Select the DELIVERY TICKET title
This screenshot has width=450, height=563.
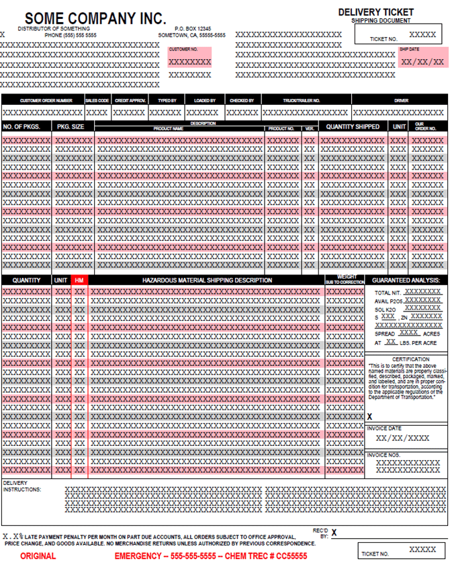[x=375, y=12]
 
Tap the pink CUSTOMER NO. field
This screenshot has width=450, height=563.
[x=190, y=57]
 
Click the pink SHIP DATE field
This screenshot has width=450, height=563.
[x=422, y=58]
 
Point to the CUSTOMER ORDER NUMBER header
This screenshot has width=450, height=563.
[x=42, y=100]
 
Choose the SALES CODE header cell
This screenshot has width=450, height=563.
[x=97, y=100]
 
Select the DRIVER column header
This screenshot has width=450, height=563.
[x=401, y=100]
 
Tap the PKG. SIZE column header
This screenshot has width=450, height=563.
[x=71, y=126]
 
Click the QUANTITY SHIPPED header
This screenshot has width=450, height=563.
[x=353, y=126]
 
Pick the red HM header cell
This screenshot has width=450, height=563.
[x=79, y=280]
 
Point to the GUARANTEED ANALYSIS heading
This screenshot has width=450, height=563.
[x=406, y=280]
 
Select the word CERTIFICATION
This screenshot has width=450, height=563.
[x=406, y=359]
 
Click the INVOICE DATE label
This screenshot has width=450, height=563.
[x=384, y=428]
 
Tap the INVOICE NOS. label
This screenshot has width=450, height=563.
[x=384, y=455]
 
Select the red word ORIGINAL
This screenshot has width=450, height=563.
[x=38, y=556]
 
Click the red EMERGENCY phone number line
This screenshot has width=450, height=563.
[x=210, y=556]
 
